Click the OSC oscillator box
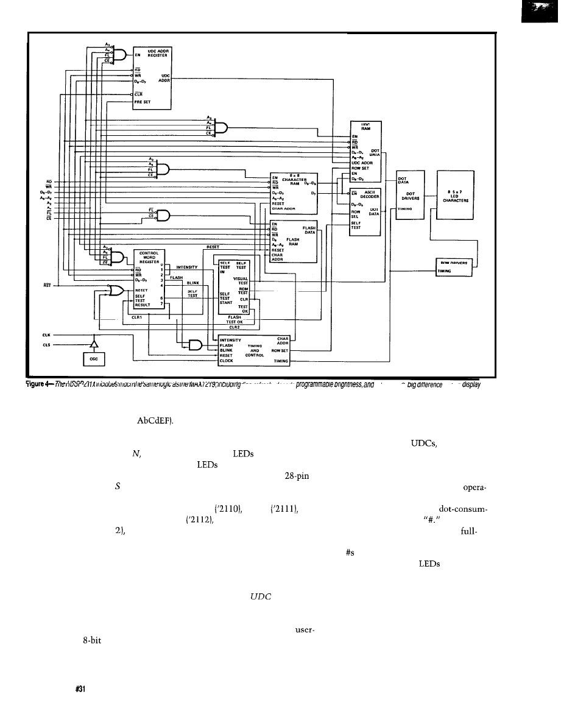(x=94, y=359)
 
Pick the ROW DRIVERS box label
(x=456, y=263)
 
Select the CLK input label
(x=46, y=334)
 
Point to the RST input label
(x=46, y=285)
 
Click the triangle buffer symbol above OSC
(x=94, y=345)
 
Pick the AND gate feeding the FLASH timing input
(x=196, y=345)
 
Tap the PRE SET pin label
(x=142, y=102)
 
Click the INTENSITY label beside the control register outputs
(x=188, y=267)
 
